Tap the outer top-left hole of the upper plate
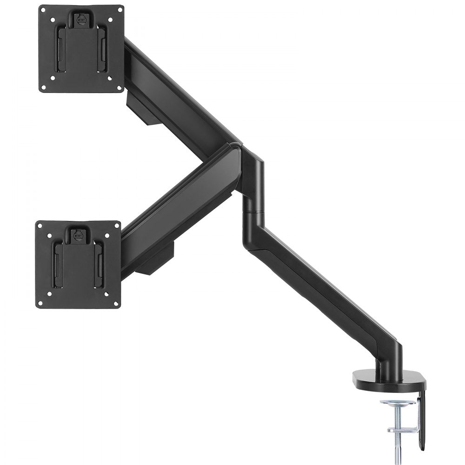[x=42, y=9]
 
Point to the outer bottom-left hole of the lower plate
[x=40, y=304]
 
